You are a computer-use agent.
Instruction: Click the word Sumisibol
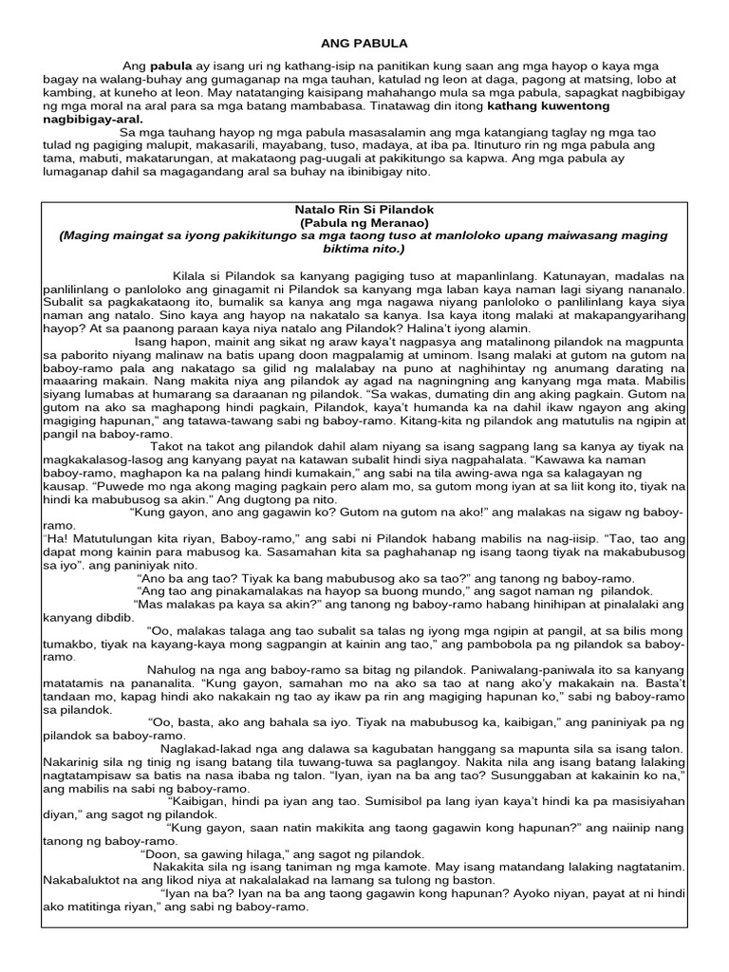click(x=393, y=800)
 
